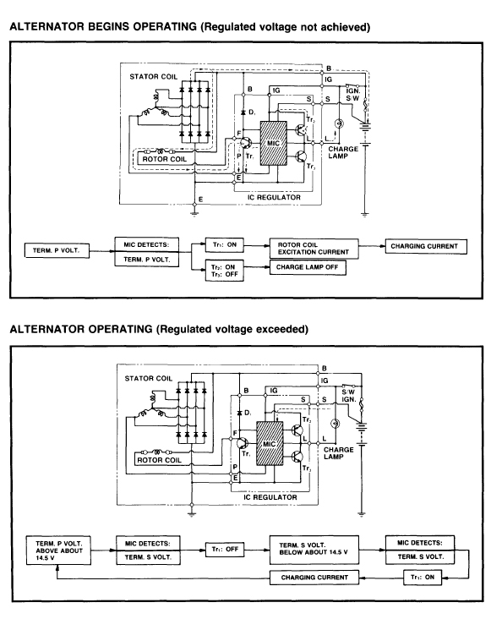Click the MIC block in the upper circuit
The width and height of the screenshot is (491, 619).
point(273,143)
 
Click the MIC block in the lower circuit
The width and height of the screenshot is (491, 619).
point(270,444)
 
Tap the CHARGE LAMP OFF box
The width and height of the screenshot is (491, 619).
point(308,267)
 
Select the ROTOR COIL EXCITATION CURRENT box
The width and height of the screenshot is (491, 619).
point(314,249)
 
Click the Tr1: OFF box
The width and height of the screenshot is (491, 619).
point(225,549)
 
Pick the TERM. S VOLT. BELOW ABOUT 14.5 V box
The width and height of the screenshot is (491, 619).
point(314,550)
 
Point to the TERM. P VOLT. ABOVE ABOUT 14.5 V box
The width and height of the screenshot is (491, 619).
point(59,551)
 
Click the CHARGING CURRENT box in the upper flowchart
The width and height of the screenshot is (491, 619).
point(426,246)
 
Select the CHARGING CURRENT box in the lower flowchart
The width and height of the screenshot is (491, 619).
point(314,578)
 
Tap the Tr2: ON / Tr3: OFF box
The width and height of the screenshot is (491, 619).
point(225,271)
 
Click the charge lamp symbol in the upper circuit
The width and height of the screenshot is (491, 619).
point(338,123)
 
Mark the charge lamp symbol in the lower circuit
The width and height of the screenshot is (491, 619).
point(335,424)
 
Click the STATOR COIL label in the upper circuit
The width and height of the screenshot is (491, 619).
point(154,77)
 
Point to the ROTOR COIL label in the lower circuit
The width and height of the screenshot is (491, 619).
point(159,460)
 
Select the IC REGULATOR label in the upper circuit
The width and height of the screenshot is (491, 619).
point(274,197)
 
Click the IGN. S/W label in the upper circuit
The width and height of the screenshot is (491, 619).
point(353,95)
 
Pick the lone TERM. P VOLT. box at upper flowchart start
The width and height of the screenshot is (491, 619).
point(57,250)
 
